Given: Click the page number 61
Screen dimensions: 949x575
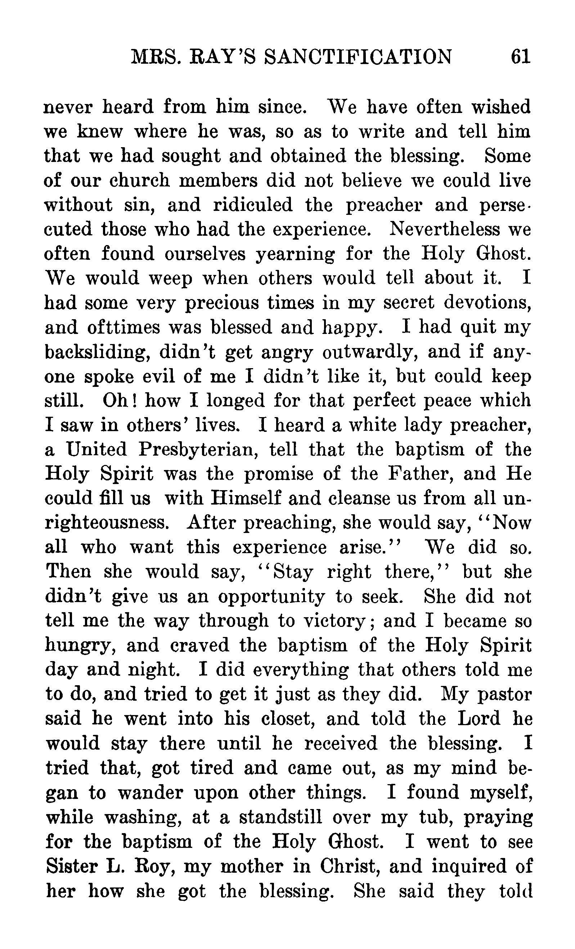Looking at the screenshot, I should tap(520, 57).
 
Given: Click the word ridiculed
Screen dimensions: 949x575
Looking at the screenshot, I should tap(253, 205).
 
